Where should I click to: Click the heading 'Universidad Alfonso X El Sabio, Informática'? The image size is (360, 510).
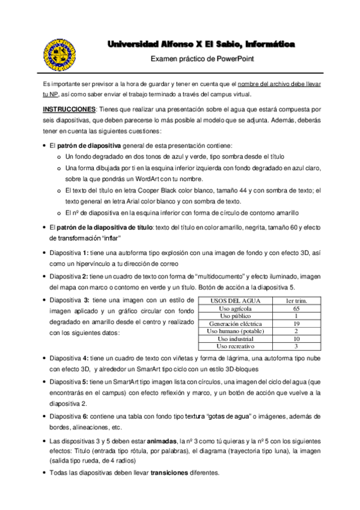[x=201, y=45]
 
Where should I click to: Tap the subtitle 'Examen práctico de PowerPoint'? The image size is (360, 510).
[x=201, y=59]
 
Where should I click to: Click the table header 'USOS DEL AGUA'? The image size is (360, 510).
[x=234, y=300]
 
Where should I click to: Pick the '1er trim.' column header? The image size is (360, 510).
[x=296, y=300]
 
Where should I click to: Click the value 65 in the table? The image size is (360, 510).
[x=296, y=308]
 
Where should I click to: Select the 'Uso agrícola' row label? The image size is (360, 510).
[x=234, y=308]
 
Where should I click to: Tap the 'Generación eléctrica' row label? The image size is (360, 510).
[x=234, y=323]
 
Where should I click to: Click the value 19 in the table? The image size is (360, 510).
[x=296, y=323]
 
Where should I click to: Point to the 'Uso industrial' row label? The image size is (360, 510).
[x=234, y=339]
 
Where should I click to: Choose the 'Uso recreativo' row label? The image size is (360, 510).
[x=234, y=346]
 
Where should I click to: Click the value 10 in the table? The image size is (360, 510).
[x=296, y=339]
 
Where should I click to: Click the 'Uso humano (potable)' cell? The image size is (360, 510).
[x=234, y=331]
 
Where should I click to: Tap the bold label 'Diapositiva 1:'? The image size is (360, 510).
[x=69, y=253]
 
